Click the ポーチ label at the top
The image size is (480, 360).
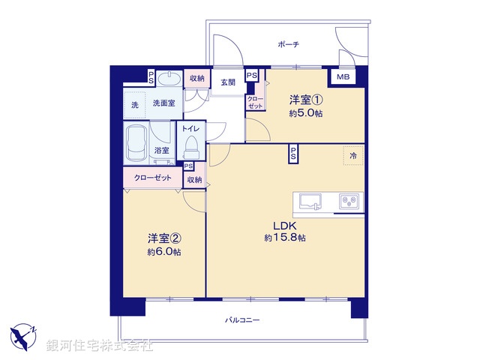pyautogui.click(x=288, y=44)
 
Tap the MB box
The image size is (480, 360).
pyautogui.click(x=342, y=77)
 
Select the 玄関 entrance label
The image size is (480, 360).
pyautogui.click(x=226, y=82)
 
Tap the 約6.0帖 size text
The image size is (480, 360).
pyautogui.click(x=163, y=252)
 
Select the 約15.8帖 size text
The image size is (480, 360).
pyautogui.click(x=284, y=238)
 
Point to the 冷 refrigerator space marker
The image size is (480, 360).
pyautogui.click(x=353, y=154)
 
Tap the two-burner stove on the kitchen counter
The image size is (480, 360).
pyautogui.click(x=349, y=200)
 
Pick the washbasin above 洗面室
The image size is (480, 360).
pyautogui.click(x=170, y=78)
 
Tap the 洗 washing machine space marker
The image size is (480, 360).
pyautogui.click(x=136, y=103)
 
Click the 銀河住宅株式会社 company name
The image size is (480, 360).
pyautogui.click(x=99, y=346)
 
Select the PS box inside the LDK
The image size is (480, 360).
pyautogui.click(x=293, y=154)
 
